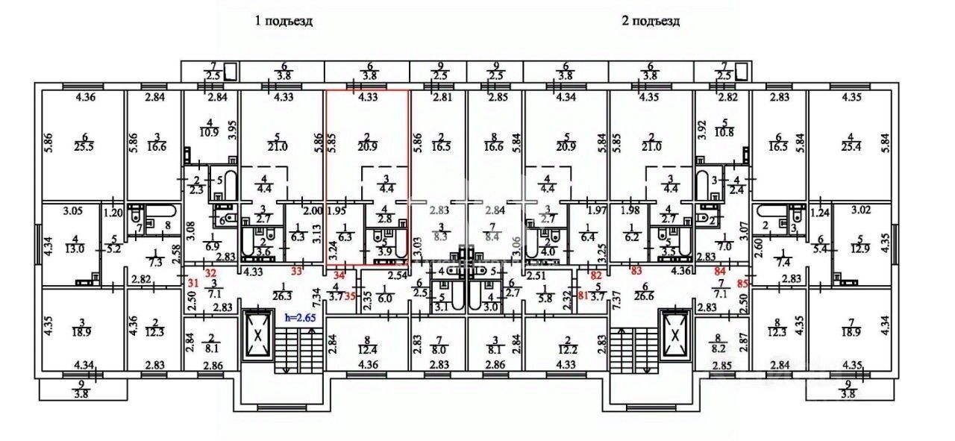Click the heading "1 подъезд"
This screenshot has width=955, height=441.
click(x=284, y=21)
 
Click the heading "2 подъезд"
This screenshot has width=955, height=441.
click(x=651, y=21)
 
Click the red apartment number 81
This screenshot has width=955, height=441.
click(x=583, y=293)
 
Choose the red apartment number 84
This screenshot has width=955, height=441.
click(x=720, y=271)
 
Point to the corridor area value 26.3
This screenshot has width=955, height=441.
click(x=284, y=295)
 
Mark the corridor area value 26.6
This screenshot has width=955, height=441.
click(x=645, y=295)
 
